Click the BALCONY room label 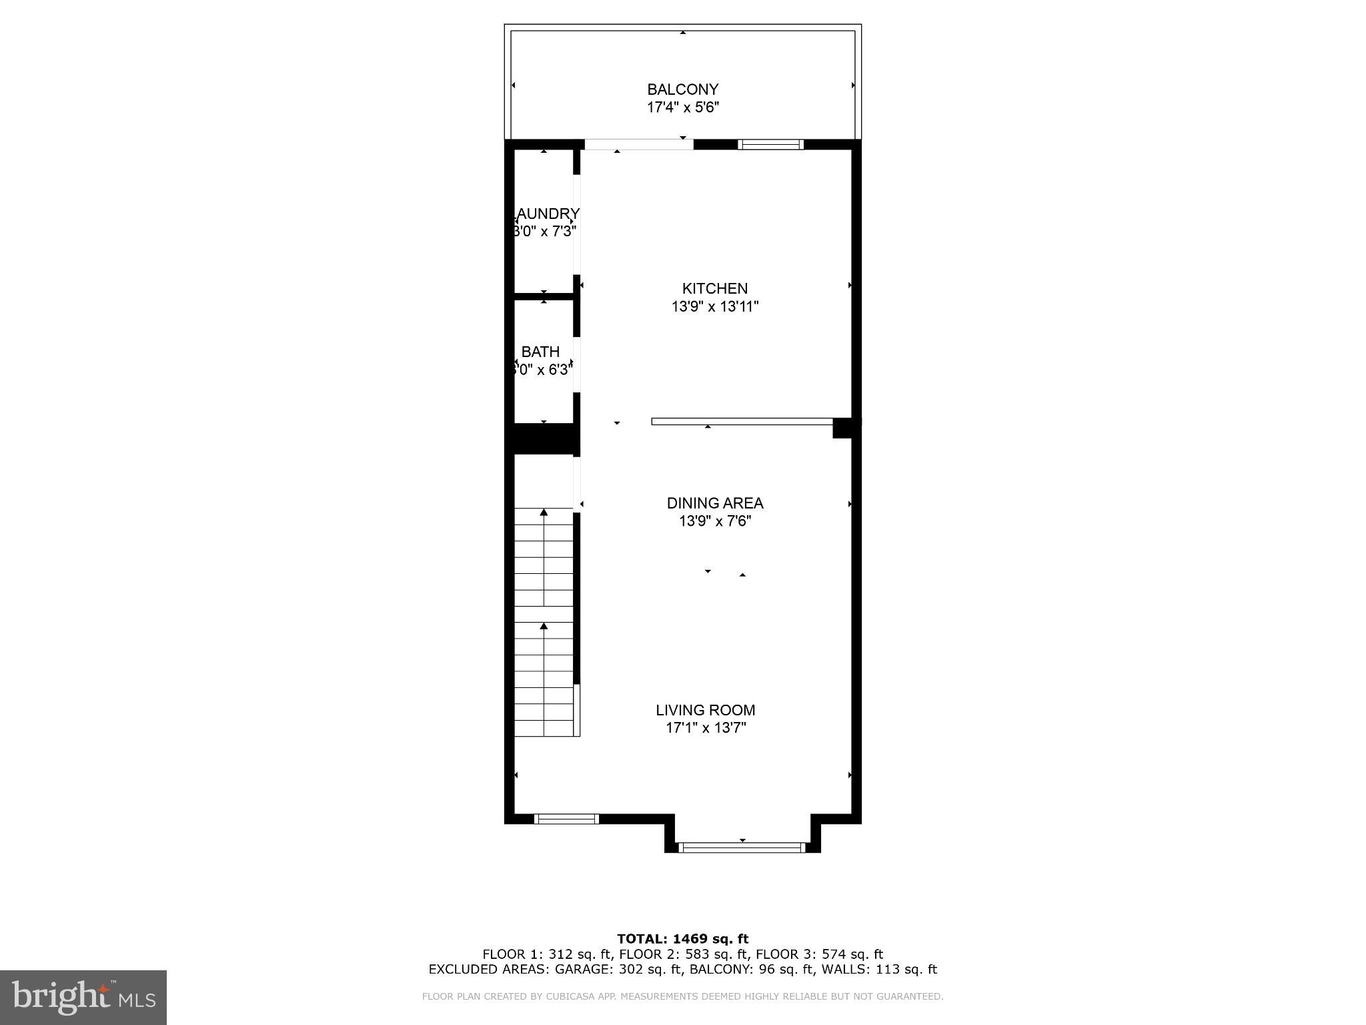tap(682, 89)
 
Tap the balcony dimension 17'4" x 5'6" tap(682, 107)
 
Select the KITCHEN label tap(714, 289)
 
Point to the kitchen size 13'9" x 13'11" tap(714, 307)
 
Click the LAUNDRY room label tap(546, 214)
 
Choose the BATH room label tap(540, 352)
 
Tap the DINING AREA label tap(714, 503)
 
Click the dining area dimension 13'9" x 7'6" tap(714, 521)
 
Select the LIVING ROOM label tap(705, 711)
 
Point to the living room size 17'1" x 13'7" tap(705, 728)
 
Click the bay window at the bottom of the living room tap(742, 847)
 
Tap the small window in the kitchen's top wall tap(770, 144)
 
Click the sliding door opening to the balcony tap(638, 144)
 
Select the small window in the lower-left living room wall tap(567, 819)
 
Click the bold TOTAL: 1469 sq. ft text tap(682, 939)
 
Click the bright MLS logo tap(83, 997)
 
